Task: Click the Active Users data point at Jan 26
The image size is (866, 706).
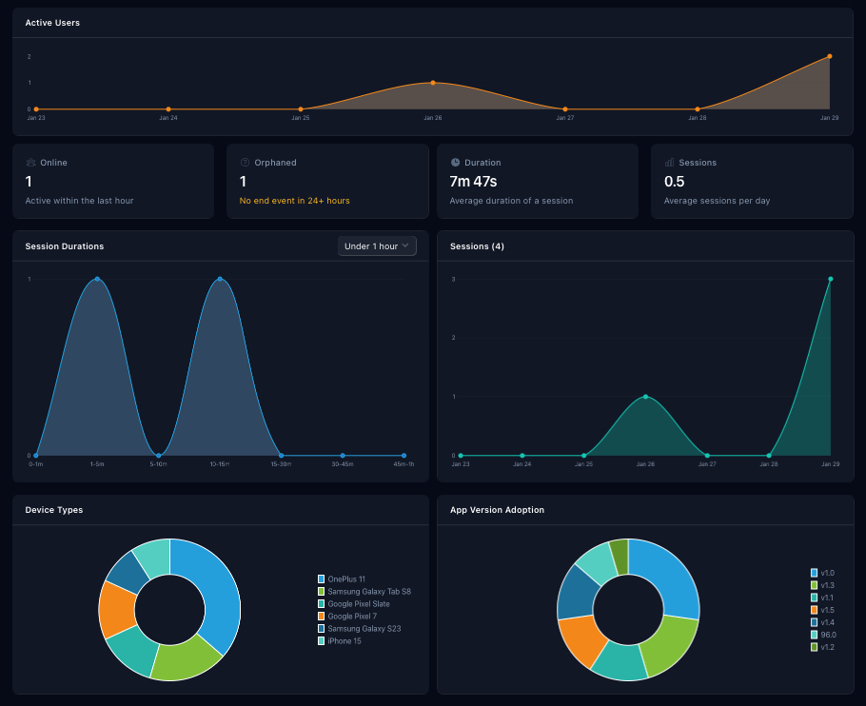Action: (x=433, y=83)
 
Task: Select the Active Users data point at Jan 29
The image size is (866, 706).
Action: (x=830, y=56)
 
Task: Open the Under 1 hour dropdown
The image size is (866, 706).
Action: (x=377, y=246)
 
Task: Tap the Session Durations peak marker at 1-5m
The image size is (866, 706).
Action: (x=97, y=279)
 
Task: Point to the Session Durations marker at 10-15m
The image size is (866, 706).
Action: (x=220, y=279)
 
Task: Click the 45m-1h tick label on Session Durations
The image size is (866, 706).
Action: (x=403, y=464)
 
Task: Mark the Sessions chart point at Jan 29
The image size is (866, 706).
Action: (x=831, y=279)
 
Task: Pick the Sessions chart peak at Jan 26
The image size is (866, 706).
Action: (x=645, y=397)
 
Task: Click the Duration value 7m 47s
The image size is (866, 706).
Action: (x=473, y=181)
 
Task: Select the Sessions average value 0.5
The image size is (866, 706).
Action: (x=674, y=181)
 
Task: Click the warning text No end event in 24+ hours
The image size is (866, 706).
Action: (x=295, y=201)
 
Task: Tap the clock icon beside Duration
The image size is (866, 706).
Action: (x=455, y=163)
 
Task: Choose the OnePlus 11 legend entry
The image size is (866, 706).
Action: (x=346, y=579)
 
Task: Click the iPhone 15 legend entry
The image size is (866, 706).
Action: (x=344, y=640)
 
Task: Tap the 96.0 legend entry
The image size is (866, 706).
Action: (x=828, y=635)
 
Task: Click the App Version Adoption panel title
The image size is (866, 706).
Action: (x=497, y=510)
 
